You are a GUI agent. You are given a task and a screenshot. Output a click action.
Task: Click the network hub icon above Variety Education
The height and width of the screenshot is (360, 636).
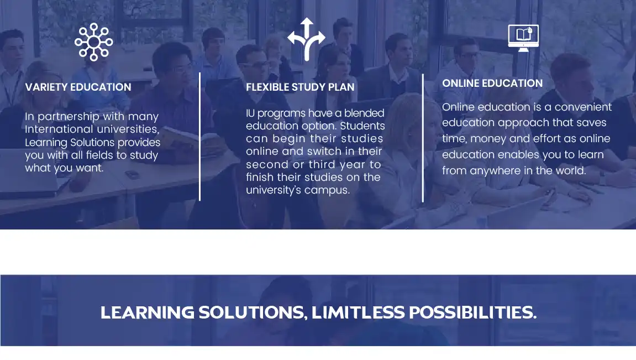tap(94, 42)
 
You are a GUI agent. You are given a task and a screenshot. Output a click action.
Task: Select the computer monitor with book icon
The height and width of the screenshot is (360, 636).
tap(523, 38)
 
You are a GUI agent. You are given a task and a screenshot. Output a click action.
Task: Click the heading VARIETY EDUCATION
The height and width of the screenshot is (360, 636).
tap(78, 87)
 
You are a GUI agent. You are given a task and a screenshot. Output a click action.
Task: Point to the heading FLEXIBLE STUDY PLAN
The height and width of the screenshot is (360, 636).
tap(300, 87)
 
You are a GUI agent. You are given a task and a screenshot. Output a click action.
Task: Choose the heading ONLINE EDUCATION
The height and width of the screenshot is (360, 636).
tap(492, 83)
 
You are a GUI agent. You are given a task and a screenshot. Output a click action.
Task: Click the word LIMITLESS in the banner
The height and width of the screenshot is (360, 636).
tap(358, 312)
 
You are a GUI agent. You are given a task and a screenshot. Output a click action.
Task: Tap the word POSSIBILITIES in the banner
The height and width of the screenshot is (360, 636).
tap(473, 312)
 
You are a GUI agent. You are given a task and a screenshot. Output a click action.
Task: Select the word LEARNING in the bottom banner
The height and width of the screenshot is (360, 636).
tap(148, 312)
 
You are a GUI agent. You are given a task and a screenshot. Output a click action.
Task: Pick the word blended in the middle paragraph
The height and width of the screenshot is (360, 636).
tap(364, 113)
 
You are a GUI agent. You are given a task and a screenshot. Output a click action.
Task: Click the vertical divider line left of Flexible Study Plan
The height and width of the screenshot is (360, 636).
tap(199, 137)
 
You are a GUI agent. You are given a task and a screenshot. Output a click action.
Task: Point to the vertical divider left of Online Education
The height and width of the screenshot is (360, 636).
tap(423, 138)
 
